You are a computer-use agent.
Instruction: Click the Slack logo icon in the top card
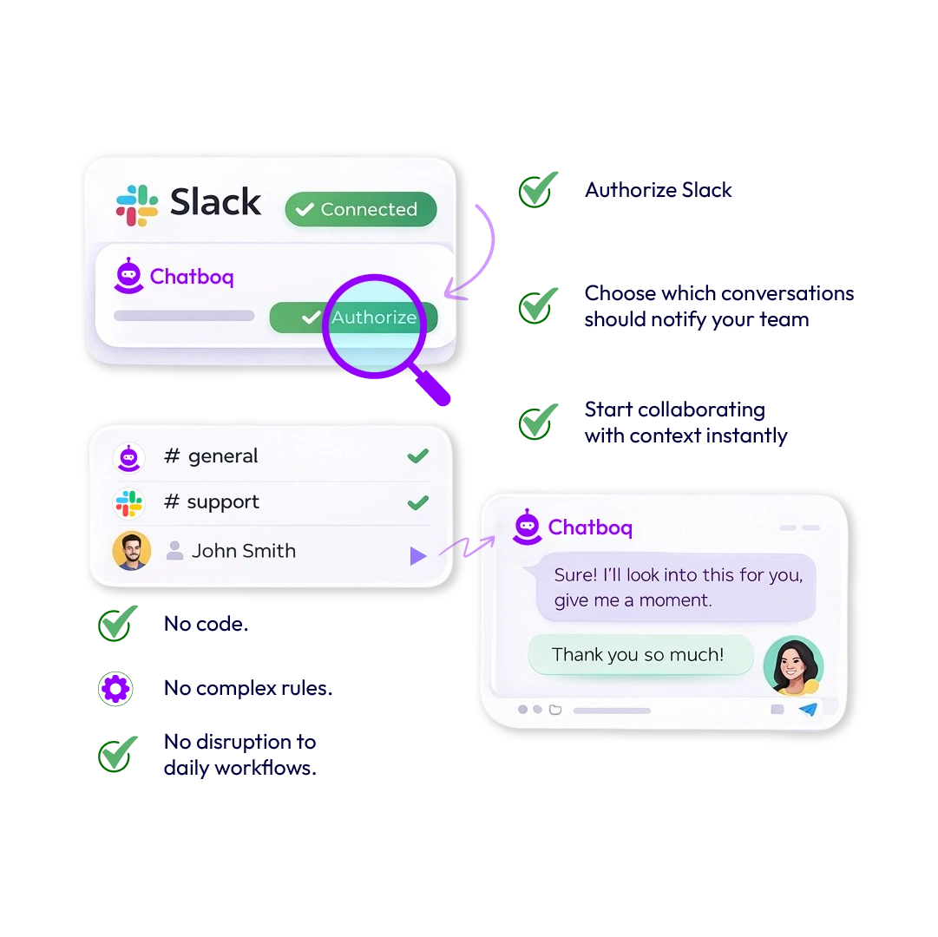(137, 205)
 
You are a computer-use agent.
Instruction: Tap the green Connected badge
(360, 209)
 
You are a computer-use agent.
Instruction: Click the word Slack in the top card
(215, 202)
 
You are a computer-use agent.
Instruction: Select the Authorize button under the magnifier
(373, 318)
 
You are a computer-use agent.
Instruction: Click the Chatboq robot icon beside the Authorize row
(128, 276)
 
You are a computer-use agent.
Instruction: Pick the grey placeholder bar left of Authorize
(184, 316)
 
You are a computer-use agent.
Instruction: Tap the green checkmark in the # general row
(417, 455)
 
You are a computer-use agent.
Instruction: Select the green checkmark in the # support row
(417, 501)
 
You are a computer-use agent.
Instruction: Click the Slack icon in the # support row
(129, 502)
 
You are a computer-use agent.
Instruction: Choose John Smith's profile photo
(132, 551)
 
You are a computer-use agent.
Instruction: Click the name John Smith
(243, 551)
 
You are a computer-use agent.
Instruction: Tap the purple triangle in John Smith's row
(417, 555)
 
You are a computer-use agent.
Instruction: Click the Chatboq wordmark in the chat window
(590, 527)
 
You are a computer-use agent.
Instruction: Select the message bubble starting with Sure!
(677, 587)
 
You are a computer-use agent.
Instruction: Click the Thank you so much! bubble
(640, 654)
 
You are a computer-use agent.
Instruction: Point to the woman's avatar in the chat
(793, 666)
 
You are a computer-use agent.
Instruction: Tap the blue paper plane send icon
(808, 709)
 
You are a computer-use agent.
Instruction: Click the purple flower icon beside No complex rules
(115, 689)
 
